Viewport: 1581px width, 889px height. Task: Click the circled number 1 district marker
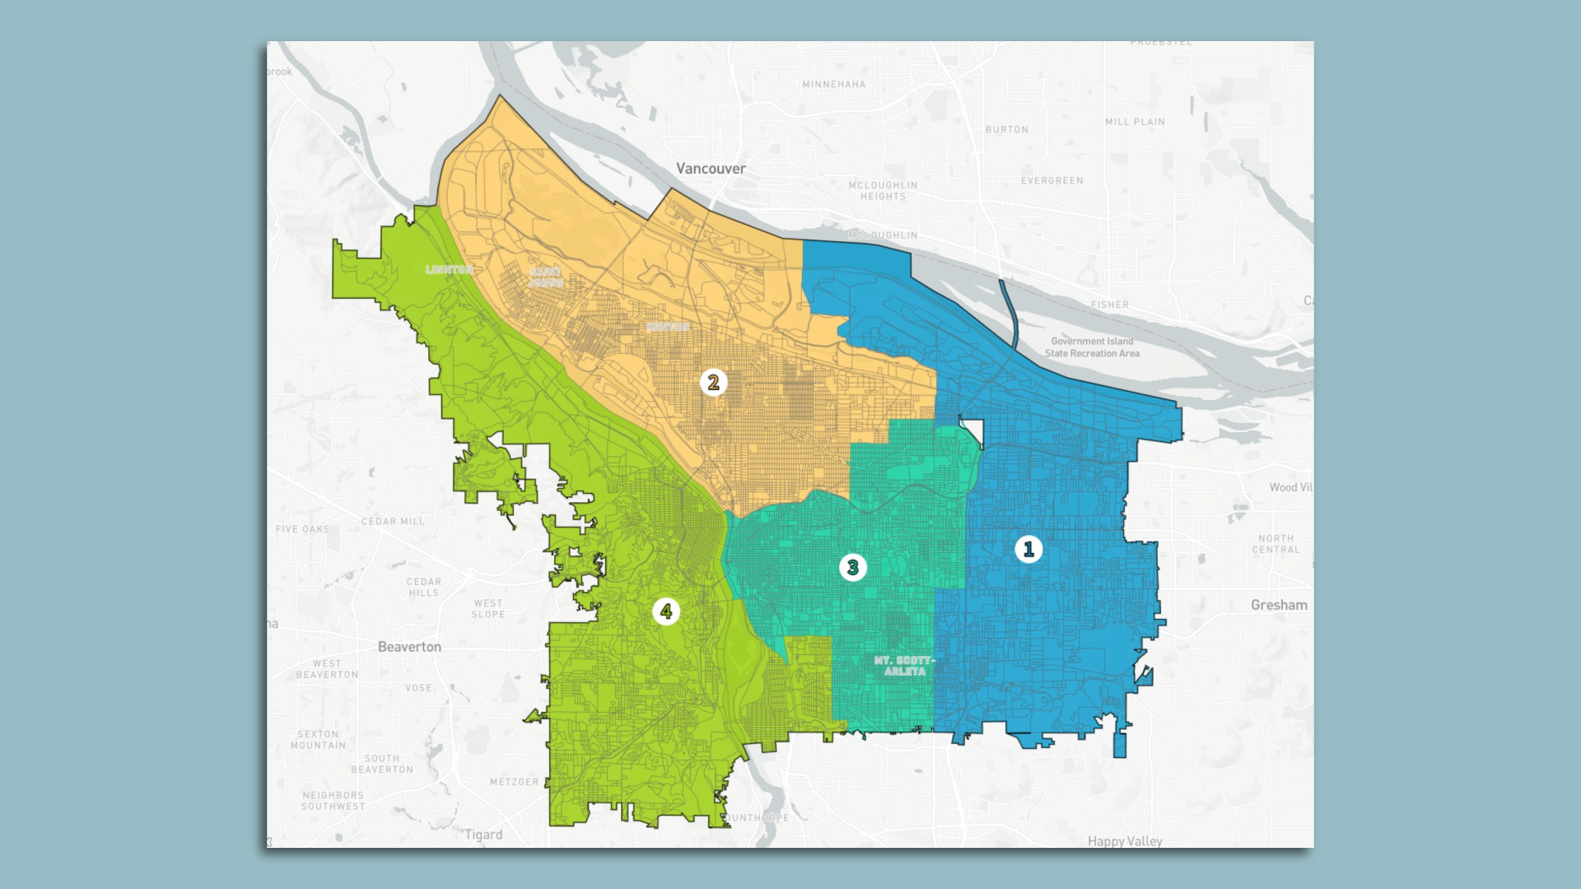click(1028, 549)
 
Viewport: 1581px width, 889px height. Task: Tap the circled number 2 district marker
click(713, 382)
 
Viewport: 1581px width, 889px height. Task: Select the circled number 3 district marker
click(852, 567)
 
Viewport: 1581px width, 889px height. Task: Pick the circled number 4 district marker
click(666, 612)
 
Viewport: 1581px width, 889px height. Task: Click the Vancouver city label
click(711, 169)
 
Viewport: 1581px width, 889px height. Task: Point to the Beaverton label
click(409, 647)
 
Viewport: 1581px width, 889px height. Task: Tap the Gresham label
click(1278, 605)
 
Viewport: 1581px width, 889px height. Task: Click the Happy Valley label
click(1124, 840)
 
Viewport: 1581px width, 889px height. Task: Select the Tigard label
click(483, 835)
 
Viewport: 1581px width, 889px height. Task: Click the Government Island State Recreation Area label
click(1092, 347)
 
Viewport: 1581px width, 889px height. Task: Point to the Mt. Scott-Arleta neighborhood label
click(904, 666)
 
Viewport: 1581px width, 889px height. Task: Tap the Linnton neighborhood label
click(449, 270)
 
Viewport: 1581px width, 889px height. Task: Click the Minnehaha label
click(833, 85)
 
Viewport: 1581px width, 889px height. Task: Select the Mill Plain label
click(1135, 122)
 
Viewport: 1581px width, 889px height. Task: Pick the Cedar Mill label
click(393, 522)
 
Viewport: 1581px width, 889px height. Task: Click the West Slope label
click(488, 609)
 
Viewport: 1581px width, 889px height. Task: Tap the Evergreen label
click(1052, 181)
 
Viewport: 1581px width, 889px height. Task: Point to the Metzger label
click(514, 782)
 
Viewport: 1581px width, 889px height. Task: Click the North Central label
click(1276, 544)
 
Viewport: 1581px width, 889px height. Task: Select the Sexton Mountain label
click(318, 740)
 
